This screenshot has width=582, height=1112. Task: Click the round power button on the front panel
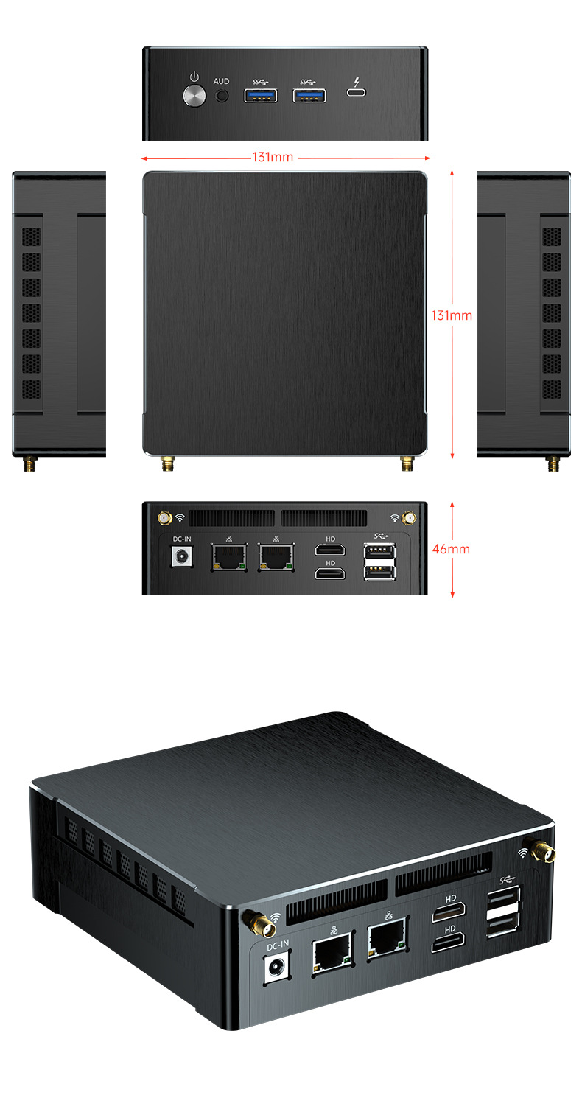pyautogui.click(x=194, y=96)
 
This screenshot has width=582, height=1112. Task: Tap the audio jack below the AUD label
pyautogui.click(x=222, y=96)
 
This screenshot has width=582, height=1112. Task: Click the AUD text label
pyautogui.click(x=221, y=81)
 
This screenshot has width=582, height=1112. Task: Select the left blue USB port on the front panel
pyautogui.click(x=261, y=95)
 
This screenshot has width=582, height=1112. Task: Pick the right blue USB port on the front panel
pyautogui.click(x=309, y=95)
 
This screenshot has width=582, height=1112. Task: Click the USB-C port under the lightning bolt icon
pyautogui.click(x=357, y=92)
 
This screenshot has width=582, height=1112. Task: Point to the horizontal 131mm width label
pyautogui.click(x=273, y=158)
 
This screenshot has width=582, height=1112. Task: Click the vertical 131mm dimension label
pyautogui.click(x=452, y=315)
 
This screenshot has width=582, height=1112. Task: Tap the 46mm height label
pyautogui.click(x=451, y=549)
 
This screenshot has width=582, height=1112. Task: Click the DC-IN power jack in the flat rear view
pyautogui.click(x=181, y=556)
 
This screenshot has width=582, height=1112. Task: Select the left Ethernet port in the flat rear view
pyautogui.click(x=229, y=557)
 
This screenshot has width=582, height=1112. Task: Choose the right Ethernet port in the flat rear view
pyautogui.click(x=276, y=557)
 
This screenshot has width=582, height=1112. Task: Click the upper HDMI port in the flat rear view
pyautogui.click(x=330, y=550)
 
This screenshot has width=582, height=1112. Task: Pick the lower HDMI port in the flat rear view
pyautogui.click(x=330, y=574)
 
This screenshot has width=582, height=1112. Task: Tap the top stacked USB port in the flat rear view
pyautogui.click(x=380, y=552)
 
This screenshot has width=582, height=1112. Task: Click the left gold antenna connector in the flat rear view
pyautogui.click(x=165, y=518)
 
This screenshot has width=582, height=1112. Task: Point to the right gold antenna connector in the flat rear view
pyautogui.click(x=409, y=518)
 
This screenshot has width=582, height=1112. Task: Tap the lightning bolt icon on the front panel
pyautogui.click(x=357, y=81)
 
